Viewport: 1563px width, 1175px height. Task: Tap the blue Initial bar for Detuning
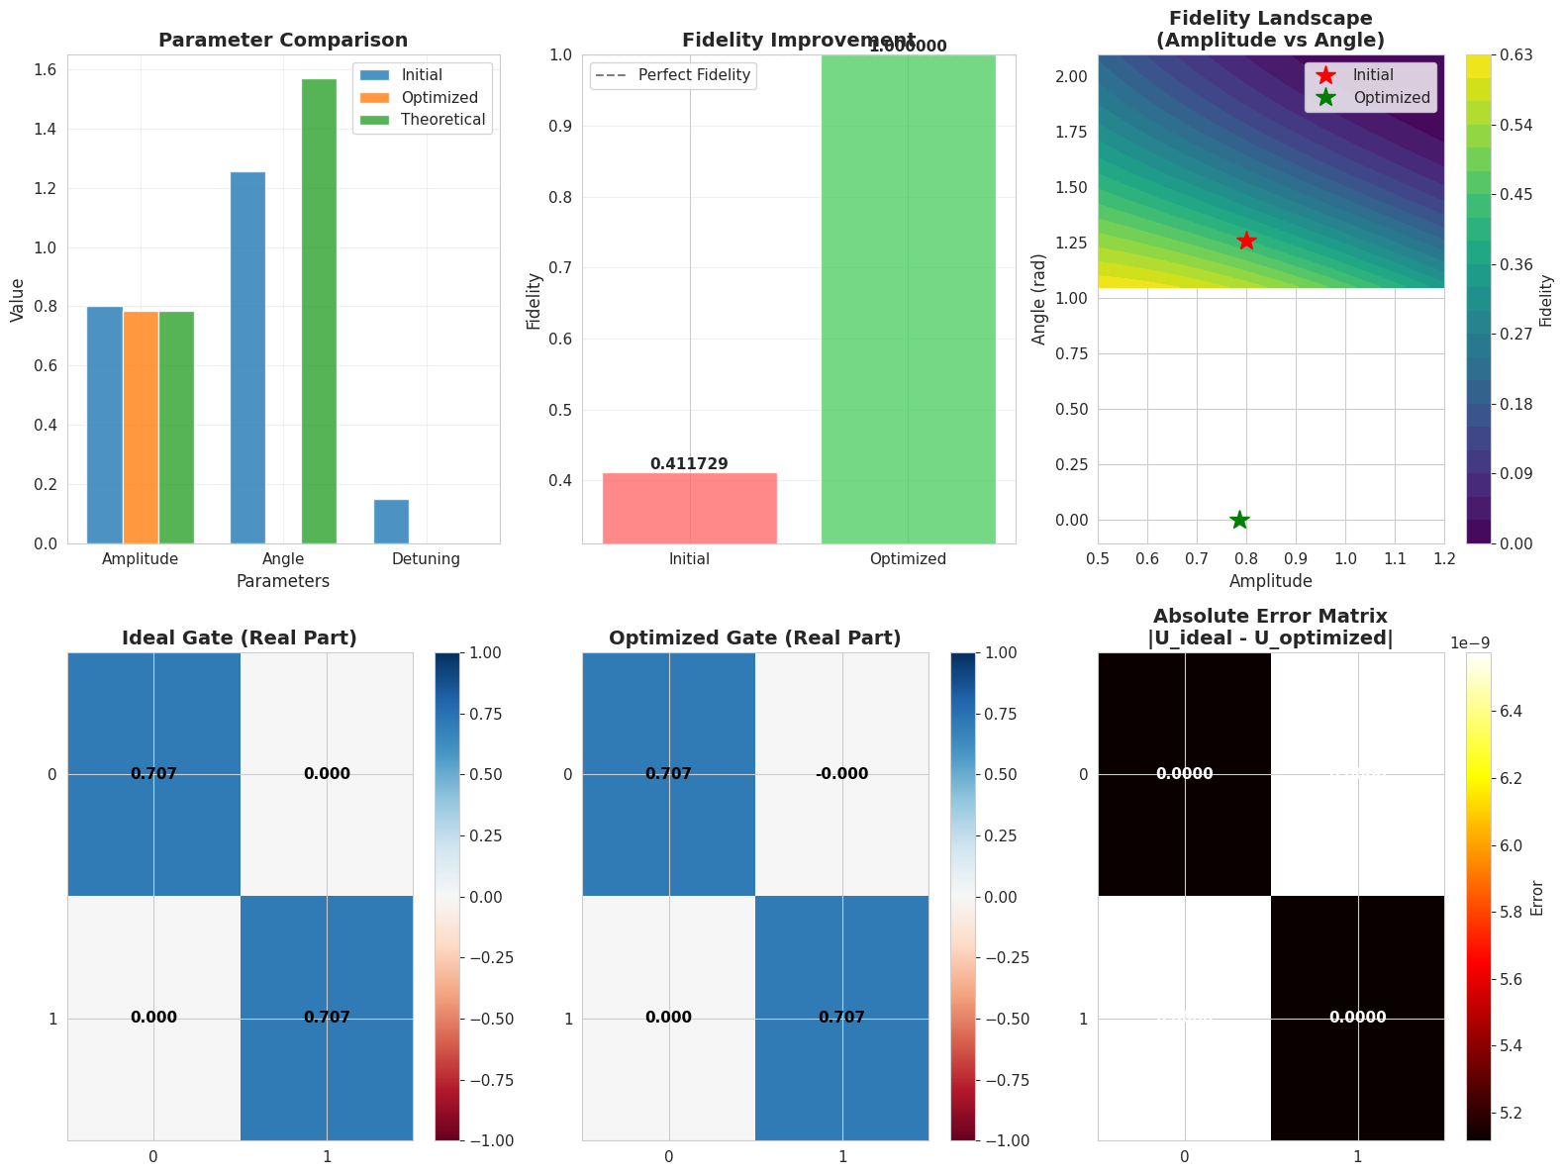[x=391, y=522]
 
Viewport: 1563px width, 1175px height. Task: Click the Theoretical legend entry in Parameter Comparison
[x=442, y=120]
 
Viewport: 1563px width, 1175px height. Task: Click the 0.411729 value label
[x=689, y=463]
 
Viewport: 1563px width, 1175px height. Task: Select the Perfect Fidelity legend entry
[x=694, y=75]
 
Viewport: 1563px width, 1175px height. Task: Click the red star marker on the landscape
[x=1246, y=241]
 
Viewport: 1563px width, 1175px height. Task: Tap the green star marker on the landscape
[x=1239, y=520]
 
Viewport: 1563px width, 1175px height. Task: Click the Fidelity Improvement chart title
[x=798, y=41]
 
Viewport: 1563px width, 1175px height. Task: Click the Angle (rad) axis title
[x=1038, y=297]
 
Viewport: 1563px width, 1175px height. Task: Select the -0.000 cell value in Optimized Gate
[x=841, y=774]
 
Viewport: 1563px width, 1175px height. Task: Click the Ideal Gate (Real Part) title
[x=240, y=638]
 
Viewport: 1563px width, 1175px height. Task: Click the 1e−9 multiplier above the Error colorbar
[x=1470, y=643]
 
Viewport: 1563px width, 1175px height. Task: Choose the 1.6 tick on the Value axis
[x=45, y=70]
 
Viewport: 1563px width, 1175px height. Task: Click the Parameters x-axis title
[x=282, y=582]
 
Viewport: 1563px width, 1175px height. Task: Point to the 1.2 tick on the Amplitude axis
[x=1444, y=559]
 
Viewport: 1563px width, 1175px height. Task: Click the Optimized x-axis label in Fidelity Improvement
[x=908, y=559]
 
